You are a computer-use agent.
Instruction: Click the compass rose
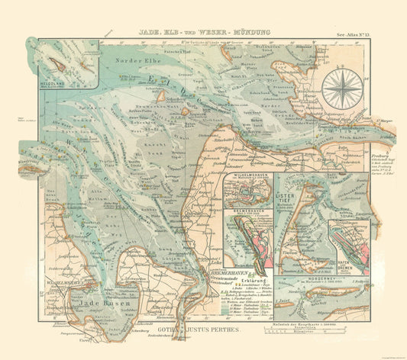click(x=342, y=90)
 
